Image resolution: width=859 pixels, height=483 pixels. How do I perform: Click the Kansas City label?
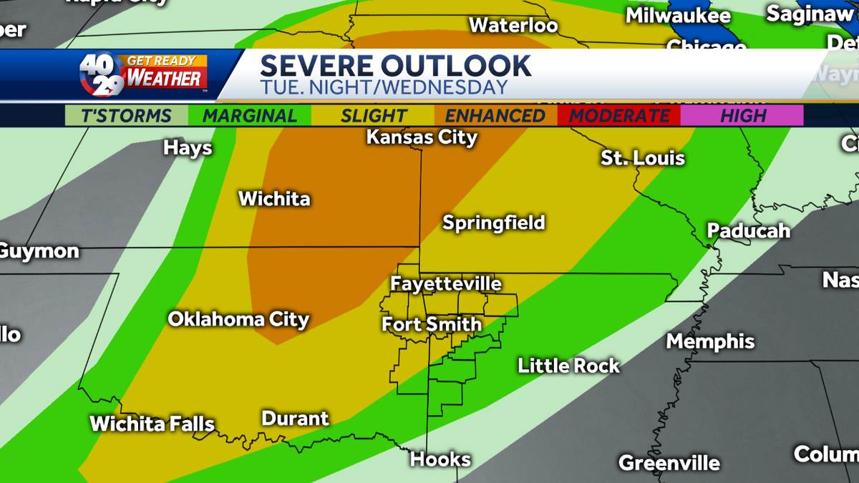coord(422,137)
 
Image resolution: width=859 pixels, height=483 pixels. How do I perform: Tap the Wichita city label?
coord(274,198)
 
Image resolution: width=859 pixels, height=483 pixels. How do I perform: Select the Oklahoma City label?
coord(238,319)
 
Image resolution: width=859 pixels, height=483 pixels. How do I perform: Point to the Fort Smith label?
coord(432,324)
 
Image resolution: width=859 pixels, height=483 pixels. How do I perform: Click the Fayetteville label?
coord(445,284)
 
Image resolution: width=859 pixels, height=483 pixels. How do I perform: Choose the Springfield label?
coord(494,223)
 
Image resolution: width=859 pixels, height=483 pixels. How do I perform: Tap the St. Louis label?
coord(643,158)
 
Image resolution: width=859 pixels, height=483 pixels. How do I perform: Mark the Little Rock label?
coord(569,366)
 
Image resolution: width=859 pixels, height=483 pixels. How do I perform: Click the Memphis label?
coord(710,341)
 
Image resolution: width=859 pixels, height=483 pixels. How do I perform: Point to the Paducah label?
coord(749,230)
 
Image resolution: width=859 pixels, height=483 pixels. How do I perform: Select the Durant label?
coord(295,418)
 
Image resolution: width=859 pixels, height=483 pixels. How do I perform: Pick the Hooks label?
coord(440,459)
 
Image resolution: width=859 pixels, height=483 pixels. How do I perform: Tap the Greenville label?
coord(669,462)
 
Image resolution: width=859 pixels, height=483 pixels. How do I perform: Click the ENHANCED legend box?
coord(495,115)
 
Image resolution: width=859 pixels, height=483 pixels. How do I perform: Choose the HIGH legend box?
coord(742,115)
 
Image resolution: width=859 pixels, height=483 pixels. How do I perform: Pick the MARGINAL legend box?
coord(249,115)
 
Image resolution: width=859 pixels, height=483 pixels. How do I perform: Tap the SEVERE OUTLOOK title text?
coord(395,66)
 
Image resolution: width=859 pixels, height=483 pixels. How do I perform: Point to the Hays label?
coord(188,148)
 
